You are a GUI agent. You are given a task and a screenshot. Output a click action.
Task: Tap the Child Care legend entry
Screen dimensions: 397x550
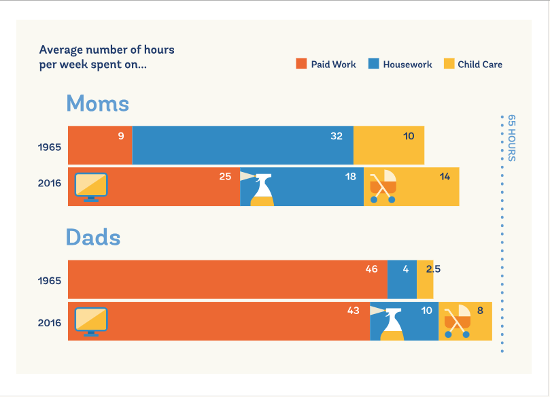coord(473,65)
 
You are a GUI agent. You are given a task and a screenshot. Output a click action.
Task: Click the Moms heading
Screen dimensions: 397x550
coord(97,104)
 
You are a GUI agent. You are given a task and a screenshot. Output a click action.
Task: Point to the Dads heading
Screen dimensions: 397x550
coord(93,238)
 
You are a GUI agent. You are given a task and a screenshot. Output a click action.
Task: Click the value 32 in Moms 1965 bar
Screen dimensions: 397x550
coord(337,136)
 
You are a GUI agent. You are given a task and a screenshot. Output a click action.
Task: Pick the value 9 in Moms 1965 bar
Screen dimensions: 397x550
coord(121,136)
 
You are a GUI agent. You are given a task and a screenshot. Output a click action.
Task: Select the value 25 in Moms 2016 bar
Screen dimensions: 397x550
coord(225,177)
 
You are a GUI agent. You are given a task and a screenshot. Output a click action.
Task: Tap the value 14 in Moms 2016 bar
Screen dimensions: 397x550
coord(445,177)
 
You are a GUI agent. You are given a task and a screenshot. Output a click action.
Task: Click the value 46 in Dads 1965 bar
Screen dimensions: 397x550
coord(371,269)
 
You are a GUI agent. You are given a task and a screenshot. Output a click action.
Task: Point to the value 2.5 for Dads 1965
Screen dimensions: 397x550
coord(433,269)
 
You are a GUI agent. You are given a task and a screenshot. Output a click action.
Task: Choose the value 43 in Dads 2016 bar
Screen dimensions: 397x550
coord(353,311)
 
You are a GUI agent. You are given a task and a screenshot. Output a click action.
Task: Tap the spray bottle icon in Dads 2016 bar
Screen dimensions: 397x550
coord(392,323)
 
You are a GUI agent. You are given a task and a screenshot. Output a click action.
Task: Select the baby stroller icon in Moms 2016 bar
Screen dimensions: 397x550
coord(383,187)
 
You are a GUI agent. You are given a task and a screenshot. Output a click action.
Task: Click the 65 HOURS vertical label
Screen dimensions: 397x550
coord(512,138)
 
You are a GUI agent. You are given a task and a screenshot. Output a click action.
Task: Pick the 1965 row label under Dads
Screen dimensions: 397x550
coord(50,281)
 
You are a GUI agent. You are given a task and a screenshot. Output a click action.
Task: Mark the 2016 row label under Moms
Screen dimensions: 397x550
coord(50,184)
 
